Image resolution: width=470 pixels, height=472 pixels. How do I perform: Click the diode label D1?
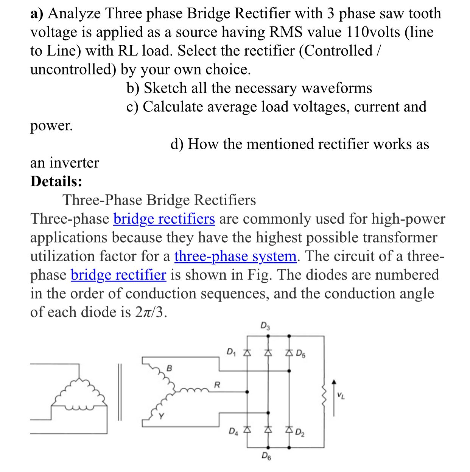click(x=231, y=352)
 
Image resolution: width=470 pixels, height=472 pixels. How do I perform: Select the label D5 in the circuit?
click(x=301, y=354)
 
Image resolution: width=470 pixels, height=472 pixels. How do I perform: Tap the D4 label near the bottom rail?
click(x=233, y=431)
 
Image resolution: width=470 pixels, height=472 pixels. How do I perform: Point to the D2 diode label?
click(x=300, y=432)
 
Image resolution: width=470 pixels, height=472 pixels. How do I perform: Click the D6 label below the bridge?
click(x=266, y=456)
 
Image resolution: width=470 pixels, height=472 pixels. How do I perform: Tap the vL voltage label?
click(x=341, y=396)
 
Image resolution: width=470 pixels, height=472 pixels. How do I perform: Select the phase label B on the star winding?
click(x=169, y=368)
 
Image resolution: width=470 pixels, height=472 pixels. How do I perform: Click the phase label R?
click(x=217, y=385)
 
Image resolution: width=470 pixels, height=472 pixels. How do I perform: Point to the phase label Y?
click(x=162, y=416)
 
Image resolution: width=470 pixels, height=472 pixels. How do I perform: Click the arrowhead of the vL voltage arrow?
click(x=334, y=382)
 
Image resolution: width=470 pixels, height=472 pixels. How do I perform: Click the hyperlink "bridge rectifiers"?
click(x=164, y=219)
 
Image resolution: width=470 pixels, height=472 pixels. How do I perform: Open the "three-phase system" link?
click(x=235, y=256)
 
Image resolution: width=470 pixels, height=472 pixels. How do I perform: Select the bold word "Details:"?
click(x=56, y=181)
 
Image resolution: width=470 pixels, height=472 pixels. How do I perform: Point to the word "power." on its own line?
click(x=51, y=126)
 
